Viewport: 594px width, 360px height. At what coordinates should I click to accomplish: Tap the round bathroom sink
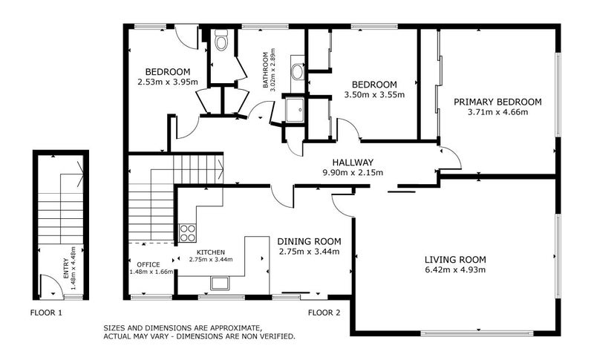coord(296,72)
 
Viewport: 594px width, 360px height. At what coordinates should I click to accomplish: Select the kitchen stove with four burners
coord(188,233)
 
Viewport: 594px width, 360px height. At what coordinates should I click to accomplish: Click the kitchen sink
coord(220,282)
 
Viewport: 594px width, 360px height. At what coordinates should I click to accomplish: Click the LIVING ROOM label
coord(455,259)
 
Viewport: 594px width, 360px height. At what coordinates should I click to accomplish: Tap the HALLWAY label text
coord(353,163)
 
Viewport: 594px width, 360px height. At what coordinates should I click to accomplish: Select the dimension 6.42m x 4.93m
coord(455,269)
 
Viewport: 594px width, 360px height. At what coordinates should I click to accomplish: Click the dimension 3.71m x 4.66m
coord(497,113)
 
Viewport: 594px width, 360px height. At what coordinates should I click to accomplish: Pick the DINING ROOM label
coord(309,241)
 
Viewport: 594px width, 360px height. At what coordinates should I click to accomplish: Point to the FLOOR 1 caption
coord(46,312)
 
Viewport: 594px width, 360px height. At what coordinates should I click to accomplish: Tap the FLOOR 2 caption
coord(324,312)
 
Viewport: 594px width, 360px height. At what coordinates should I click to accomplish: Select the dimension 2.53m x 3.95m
coord(168,82)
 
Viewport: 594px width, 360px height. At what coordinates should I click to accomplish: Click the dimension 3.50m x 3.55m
coord(374,94)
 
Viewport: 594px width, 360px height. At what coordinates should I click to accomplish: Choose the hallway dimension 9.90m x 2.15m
coord(353,173)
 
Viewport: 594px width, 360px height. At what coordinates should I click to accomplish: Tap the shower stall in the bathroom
coord(294,110)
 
